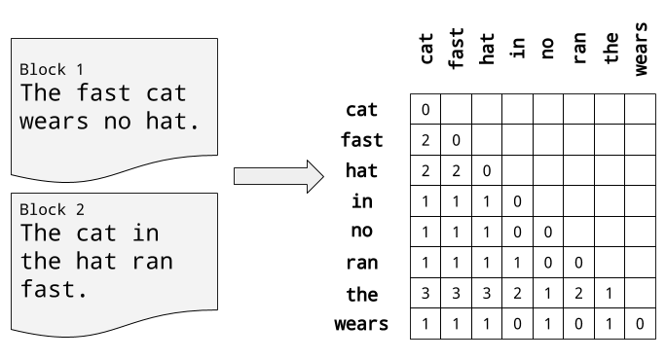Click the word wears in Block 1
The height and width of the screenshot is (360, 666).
coord(55,122)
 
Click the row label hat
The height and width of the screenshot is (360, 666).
coord(361,171)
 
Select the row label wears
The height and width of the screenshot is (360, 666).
coord(361,324)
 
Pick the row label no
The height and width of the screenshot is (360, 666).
coord(361,232)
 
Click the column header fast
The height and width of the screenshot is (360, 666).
coord(456,48)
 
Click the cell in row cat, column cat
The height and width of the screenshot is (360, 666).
coord(425,110)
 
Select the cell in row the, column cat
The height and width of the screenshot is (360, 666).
coord(425,293)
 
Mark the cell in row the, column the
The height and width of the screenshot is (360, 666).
coord(610,293)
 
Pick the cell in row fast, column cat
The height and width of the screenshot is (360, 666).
coord(425,140)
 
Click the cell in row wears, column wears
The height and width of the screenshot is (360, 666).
coord(640,324)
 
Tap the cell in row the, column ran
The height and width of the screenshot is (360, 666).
coord(578,293)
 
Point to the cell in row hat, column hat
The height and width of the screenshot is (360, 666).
coord(487,171)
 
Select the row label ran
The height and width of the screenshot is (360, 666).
coord(361,263)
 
